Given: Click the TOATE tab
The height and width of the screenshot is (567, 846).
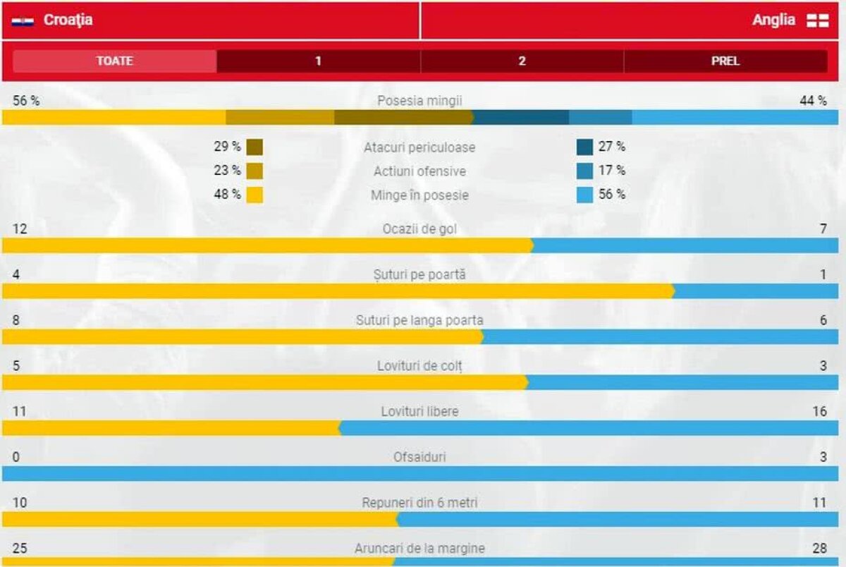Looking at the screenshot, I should (114, 61).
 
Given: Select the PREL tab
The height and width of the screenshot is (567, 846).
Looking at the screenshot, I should (725, 61).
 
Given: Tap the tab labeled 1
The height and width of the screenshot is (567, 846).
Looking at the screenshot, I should (318, 61).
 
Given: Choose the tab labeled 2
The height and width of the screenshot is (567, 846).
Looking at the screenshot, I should (522, 61).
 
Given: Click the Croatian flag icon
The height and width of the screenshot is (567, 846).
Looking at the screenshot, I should (23, 21).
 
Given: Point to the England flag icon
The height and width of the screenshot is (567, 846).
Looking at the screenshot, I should (818, 20).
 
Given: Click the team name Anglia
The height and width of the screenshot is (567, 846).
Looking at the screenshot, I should (773, 20).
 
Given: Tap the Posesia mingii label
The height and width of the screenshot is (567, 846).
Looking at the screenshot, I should (419, 101).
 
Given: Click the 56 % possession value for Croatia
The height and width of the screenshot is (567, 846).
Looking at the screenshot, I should (26, 101).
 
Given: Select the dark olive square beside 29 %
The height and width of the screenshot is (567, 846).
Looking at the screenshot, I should (255, 147).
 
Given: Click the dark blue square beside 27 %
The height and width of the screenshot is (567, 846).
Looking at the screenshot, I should (584, 147).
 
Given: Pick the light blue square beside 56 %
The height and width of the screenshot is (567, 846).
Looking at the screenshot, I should (584, 195).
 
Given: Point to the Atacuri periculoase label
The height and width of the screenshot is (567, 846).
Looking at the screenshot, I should (419, 147).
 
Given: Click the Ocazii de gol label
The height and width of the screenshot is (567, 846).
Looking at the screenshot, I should (419, 229).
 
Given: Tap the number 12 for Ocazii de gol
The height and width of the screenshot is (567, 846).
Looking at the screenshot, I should (20, 229).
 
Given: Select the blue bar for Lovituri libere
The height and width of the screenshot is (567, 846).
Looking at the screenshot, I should (589, 428).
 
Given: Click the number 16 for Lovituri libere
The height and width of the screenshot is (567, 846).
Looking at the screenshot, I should (819, 411).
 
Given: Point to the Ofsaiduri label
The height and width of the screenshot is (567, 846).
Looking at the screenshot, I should (419, 457).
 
